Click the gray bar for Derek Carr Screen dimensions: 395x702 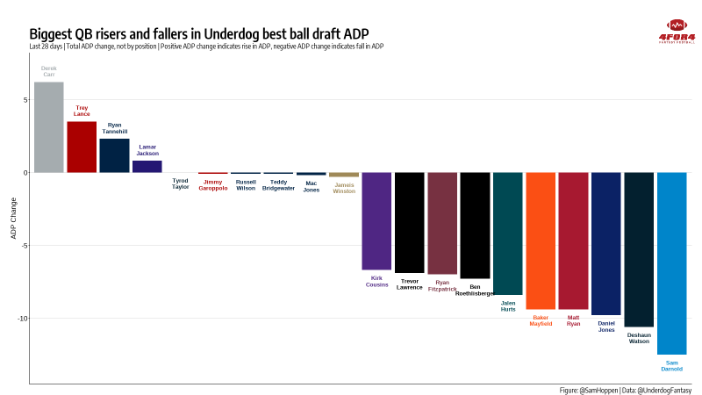[48, 127]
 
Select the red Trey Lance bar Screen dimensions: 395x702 [82, 147]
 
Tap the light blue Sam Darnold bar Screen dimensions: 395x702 [671, 263]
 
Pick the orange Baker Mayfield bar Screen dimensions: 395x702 [541, 241]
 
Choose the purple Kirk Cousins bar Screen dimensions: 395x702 [376, 220]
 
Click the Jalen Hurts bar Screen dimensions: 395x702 [508, 233]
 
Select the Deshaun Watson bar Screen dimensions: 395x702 [639, 249]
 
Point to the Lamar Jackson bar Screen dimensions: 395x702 [147, 166]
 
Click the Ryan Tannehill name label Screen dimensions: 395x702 [114, 128]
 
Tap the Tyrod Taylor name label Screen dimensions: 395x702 [180, 184]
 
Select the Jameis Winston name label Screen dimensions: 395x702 [344, 188]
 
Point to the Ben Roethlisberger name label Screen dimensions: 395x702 [475, 291]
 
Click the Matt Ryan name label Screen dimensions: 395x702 [573, 320]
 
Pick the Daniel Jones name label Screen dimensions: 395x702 [606, 326]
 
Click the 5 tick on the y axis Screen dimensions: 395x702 [24, 100]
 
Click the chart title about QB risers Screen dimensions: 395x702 [199, 33]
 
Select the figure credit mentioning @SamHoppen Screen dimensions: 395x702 [625, 389]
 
